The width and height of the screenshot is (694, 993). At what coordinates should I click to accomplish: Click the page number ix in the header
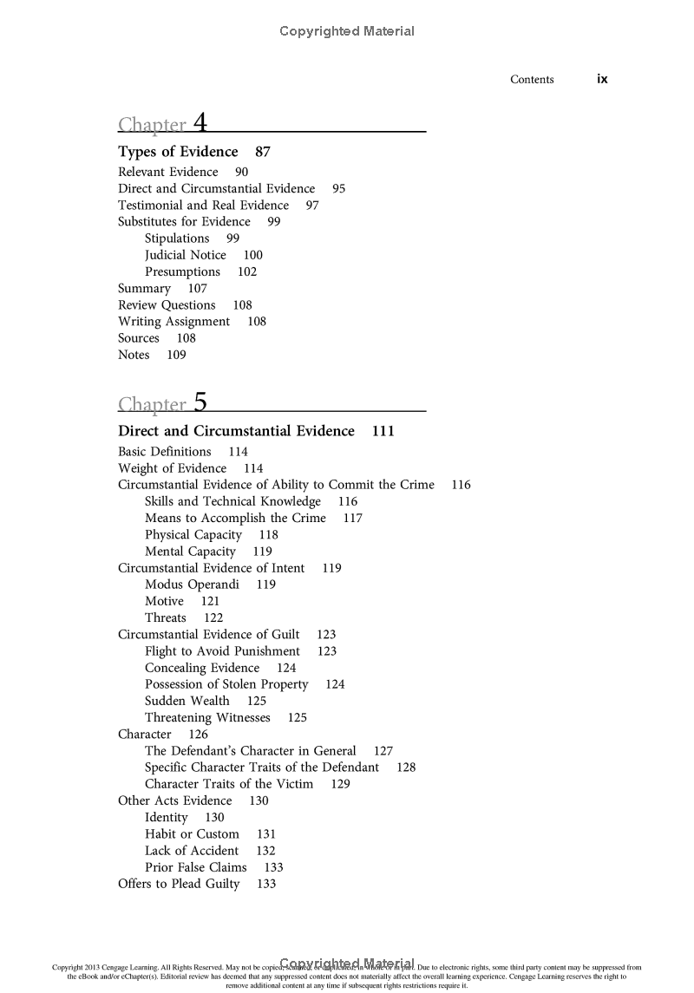(x=602, y=79)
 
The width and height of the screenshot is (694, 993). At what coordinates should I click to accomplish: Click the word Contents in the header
(x=532, y=80)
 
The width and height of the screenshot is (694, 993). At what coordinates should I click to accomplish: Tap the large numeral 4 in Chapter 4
(x=200, y=121)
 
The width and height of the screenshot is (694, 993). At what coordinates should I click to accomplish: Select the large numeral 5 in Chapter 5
(x=200, y=401)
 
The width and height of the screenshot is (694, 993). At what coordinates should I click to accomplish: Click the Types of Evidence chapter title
(x=178, y=152)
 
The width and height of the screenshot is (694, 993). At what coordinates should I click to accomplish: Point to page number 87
(x=263, y=152)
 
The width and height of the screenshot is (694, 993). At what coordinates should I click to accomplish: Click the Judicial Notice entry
(x=185, y=255)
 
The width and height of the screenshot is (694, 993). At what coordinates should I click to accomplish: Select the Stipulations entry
(x=177, y=238)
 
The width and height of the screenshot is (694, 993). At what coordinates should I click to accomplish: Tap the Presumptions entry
(x=182, y=271)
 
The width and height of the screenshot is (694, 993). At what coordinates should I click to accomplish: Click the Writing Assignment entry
(x=173, y=322)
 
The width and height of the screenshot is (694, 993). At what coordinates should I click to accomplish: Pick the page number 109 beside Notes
(x=176, y=355)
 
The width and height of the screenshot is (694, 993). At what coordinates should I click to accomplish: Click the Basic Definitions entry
(x=165, y=452)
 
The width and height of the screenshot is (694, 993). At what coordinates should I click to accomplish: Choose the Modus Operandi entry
(x=192, y=585)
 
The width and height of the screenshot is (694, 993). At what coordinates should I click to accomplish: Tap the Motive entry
(x=164, y=601)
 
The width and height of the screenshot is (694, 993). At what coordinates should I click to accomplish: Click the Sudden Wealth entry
(x=187, y=701)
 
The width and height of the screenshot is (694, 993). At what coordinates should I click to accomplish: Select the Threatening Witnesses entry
(x=207, y=718)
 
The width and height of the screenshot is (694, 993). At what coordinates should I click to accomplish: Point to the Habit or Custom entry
(x=192, y=834)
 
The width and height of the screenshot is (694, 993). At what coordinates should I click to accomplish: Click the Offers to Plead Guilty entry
(x=179, y=884)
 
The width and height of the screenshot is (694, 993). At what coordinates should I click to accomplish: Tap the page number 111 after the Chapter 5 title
(x=383, y=431)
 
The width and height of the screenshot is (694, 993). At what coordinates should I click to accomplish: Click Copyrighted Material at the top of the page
(x=347, y=31)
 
